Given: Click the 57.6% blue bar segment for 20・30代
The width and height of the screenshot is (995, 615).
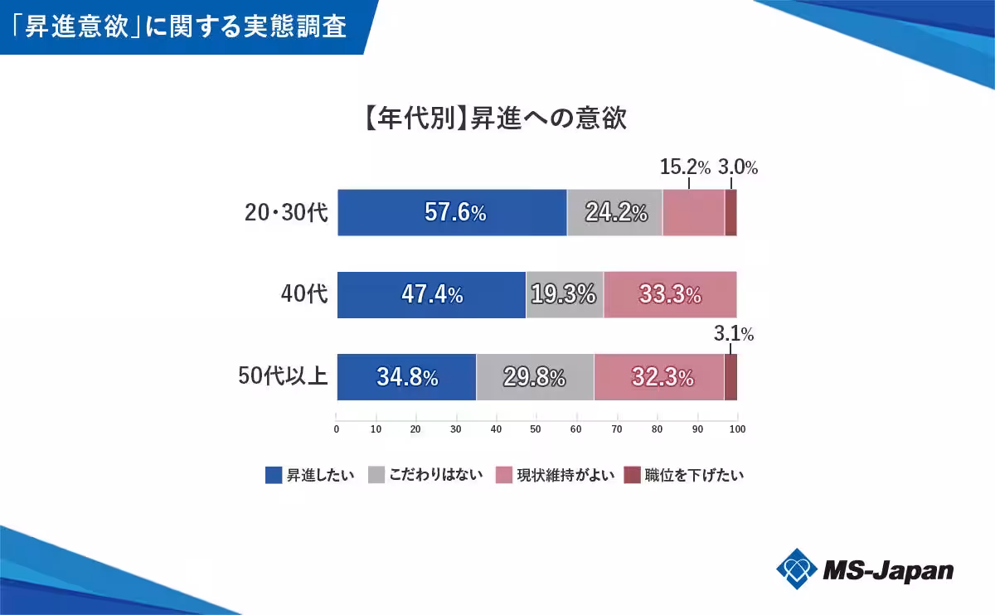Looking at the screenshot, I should pyautogui.click(x=452, y=213).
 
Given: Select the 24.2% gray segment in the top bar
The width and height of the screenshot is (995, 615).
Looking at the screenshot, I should pyautogui.click(x=614, y=213).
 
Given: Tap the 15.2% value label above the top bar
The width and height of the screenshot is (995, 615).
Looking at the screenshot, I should pyautogui.click(x=685, y=167).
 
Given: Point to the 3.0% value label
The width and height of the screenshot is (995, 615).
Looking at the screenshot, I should pyautogui.click(x=737, y=167).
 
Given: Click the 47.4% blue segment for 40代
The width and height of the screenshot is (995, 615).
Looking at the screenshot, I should pyautogui.click(x=431, y=294).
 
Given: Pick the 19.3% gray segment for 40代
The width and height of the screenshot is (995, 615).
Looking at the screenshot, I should pyautogui.click(x=565, y=294).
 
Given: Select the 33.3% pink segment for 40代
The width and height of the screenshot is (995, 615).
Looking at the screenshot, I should pyautogui.click(x=670, y=294).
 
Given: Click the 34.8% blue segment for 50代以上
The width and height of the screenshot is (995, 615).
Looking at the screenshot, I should pyautogui.click(x=406, y=377).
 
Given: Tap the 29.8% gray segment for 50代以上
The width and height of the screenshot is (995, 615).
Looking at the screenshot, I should pyautogui.click(x=535, y=377).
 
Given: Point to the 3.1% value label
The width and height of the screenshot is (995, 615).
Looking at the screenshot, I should pyautogui.click(x=733, y=334).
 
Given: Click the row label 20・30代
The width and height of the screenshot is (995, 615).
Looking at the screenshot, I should pyautogui.click(x=287, y=213).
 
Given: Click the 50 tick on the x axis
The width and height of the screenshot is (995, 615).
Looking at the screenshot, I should pyautogui.click(x=536, y=429).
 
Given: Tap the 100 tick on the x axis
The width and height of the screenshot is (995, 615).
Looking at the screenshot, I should pyautogui.click(x=737, y=429).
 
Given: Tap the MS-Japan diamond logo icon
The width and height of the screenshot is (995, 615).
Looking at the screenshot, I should pyautogui.click(x=797, y=569).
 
